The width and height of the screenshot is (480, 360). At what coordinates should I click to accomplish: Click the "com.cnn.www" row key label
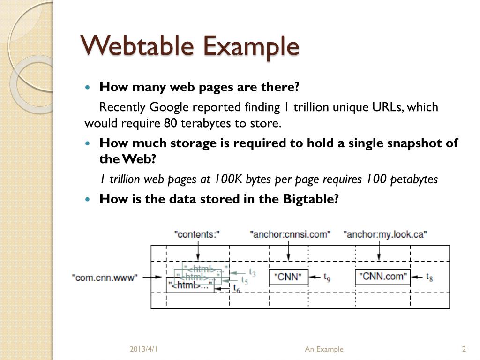click(x=105, y=277)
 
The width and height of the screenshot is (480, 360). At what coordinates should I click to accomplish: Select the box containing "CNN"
click(x=288, y=277)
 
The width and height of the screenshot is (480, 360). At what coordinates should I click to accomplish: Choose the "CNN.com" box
click(x=382, y=277)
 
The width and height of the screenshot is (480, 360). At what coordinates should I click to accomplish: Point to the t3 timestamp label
click(x=252, y=272)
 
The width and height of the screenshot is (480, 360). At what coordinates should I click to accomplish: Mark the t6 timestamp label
click(x=237, y=289)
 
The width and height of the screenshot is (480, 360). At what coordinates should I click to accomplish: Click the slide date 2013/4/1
click(x=143, y=349)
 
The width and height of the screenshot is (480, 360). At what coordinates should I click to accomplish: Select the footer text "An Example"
click(x=324, y=349)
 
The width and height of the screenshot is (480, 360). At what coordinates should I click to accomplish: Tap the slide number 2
click(x=464, y=349)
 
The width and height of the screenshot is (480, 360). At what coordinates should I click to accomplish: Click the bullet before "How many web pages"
click(x=89, y=88)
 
